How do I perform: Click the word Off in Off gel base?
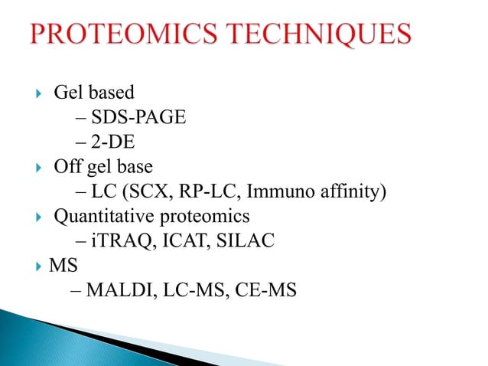coord(67,166)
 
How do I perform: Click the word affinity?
coord(355,191)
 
